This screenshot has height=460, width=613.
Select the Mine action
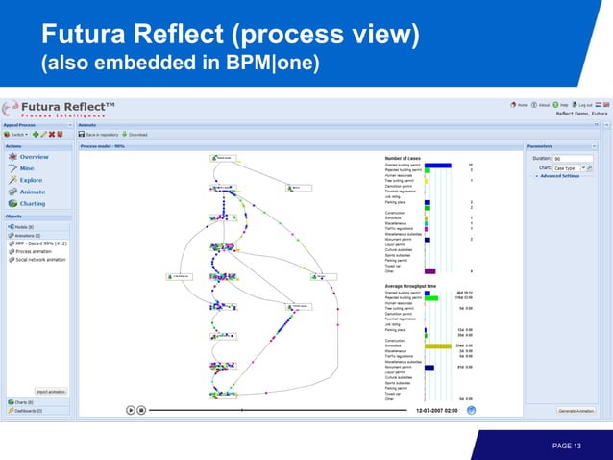coord(26,167)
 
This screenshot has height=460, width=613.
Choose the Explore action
coord(30,180)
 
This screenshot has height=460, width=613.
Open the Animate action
coord(31,192)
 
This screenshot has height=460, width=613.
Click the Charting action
coord(32,203)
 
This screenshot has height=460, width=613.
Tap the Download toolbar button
coord(137,135)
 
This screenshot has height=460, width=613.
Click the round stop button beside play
coord(141,409)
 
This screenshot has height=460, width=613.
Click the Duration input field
coord(574,159)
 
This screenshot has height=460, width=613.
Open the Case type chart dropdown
coord(572,167)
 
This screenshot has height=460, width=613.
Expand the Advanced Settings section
coord(558,176)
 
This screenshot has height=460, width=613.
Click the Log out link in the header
coord(584,104)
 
